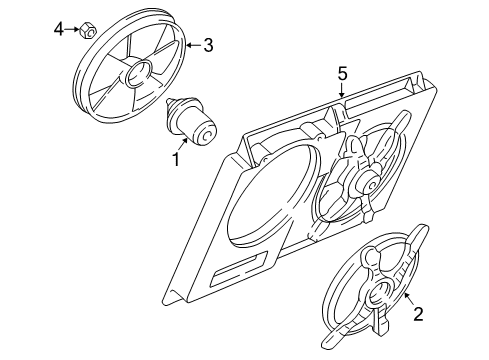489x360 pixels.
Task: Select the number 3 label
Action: click(208, 44)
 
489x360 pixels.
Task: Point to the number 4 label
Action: click(58, 29)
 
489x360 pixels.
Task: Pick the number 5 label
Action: click(342, 73)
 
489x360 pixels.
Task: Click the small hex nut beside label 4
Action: click(88, 30)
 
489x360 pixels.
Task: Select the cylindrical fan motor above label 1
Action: click(196, 126)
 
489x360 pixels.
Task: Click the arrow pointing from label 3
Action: click(194, 44)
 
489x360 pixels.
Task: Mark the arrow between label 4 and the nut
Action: click(72, 30)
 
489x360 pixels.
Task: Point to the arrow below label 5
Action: click(342, 90)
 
